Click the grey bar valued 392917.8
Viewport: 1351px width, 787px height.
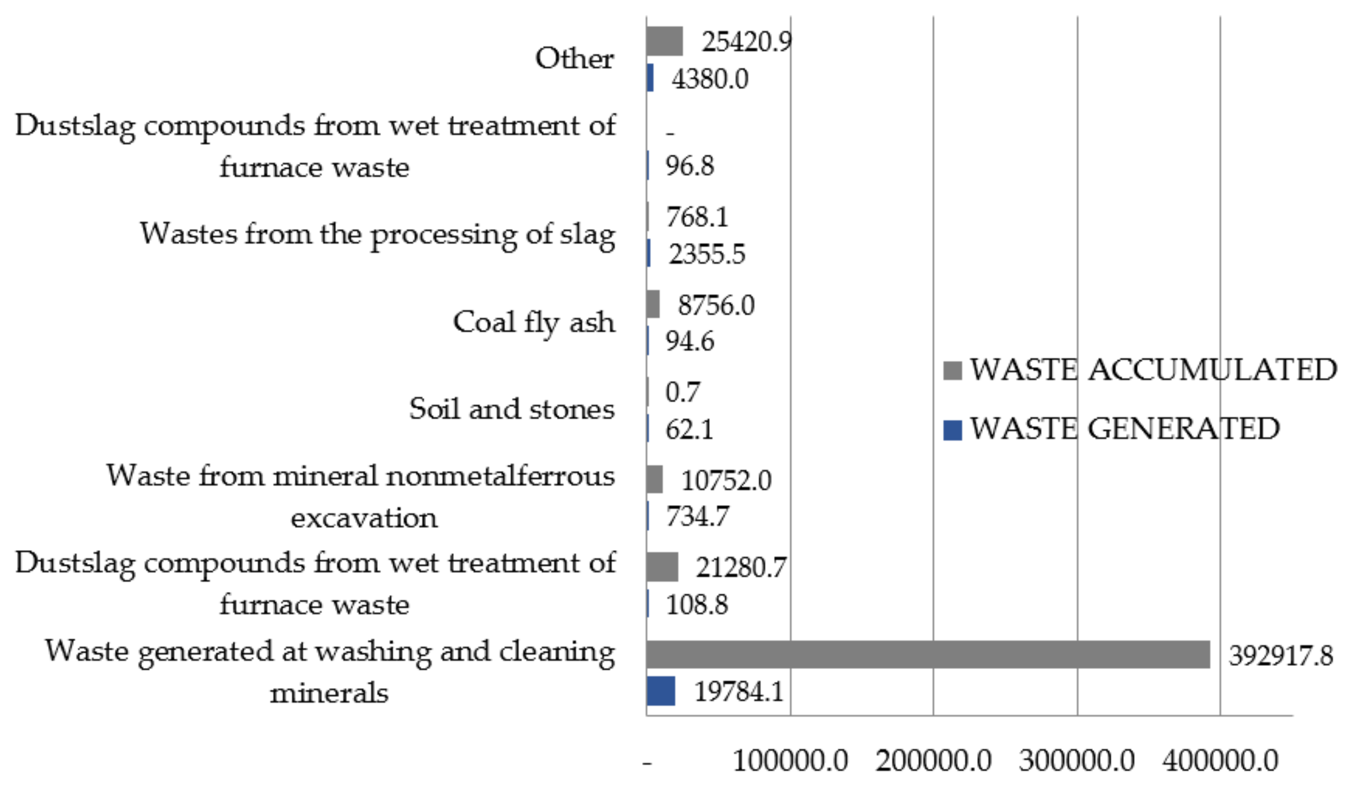click(x=928, y=654)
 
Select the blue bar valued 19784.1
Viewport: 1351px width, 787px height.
click(x=660, y=691)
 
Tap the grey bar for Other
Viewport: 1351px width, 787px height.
click(x=664, y=41)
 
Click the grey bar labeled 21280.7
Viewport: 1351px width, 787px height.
click(x=662, y=567)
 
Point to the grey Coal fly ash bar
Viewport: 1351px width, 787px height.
click(x=652, y=304)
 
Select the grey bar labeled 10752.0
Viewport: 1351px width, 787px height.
click(x=654, y=479)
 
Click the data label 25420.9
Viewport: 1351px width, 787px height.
click(x=746, y=41)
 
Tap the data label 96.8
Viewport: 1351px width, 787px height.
click(x=689, y=166)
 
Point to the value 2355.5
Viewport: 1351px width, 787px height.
click(x=707, y=254)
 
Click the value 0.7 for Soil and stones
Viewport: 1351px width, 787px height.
click(x=682, y=392)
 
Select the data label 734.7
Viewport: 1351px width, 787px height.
click(x=697, y=516)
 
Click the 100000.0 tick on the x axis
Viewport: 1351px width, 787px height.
click(x=790, y=760)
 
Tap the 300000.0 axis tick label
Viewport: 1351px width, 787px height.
click(x=1077, y=760)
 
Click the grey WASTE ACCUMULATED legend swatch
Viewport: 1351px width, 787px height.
click(x=952, y=370)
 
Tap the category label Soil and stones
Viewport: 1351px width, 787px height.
click(x=511, y=409)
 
